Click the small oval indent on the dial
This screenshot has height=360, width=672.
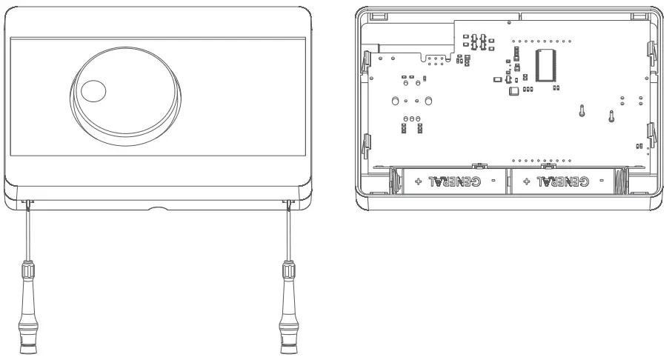point(93,91)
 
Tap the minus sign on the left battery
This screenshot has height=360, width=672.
point(493,181)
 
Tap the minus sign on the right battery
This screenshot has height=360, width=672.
point(602,181)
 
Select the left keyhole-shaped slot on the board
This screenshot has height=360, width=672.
point(582,112)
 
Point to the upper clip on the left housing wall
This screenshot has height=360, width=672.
point(366,63)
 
